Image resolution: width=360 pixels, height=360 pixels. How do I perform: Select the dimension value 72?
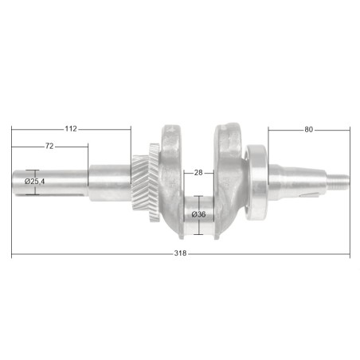tap(49, 147)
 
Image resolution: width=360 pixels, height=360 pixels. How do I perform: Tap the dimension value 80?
tap(307, 129)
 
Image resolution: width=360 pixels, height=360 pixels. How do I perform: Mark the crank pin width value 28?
tap(198, 172)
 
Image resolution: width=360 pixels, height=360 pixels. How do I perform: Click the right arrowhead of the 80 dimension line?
tap(347, 129)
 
